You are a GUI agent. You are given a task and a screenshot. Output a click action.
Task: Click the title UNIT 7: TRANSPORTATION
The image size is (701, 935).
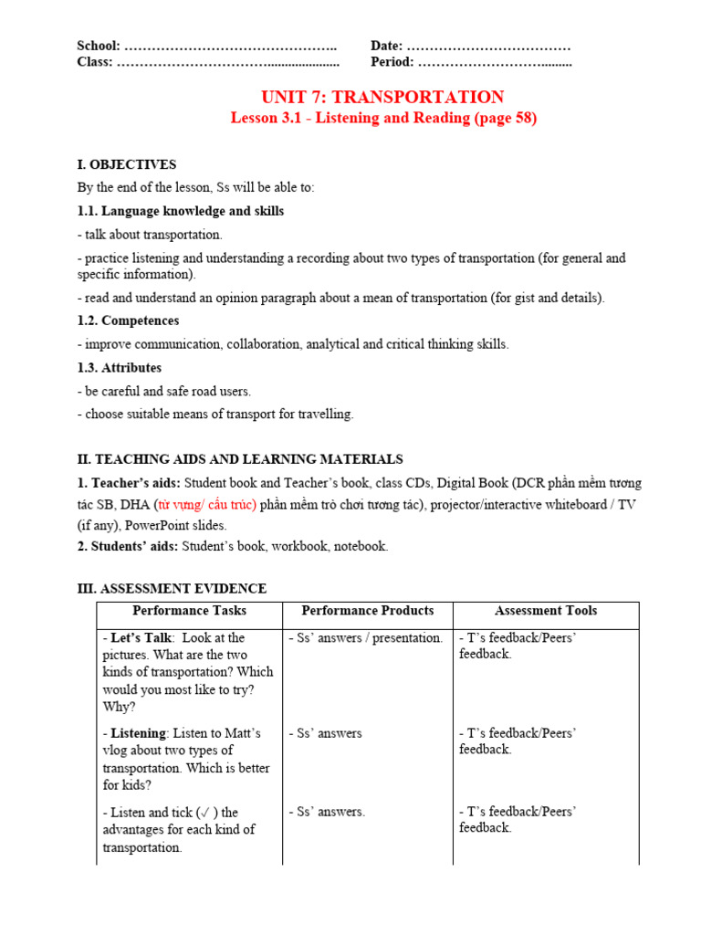tap(382, 98)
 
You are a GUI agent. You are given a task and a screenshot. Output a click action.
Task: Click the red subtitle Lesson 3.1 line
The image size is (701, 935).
tap(383, 119)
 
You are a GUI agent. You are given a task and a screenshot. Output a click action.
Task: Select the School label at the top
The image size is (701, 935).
tap(99, 46)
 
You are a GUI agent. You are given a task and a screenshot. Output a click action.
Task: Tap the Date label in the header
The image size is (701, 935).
tap(387, 46)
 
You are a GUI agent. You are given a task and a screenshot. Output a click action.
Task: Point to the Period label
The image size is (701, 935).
tap(392, 62)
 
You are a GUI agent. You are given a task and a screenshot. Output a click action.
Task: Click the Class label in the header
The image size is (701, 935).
tap(95, 62)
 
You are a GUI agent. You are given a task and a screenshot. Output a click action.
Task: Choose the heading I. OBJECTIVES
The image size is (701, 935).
tap(127, 164)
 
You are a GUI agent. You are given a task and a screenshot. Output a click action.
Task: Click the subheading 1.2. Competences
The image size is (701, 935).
tap(128, 320)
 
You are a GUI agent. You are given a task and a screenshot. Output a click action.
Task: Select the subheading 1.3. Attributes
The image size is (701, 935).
tap(120, 367)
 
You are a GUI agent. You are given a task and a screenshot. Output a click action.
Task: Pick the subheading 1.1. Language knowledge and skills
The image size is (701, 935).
tap(181, 211)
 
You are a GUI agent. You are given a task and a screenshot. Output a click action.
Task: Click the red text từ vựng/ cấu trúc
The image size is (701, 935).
tap(206, 504)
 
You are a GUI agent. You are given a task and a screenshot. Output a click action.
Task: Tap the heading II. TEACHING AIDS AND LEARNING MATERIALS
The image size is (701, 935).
tap(240, 459)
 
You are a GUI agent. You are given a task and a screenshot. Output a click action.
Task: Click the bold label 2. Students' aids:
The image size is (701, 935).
tap(128, 546)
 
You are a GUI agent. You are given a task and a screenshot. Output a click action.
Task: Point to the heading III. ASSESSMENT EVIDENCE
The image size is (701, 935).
tap(172, 589)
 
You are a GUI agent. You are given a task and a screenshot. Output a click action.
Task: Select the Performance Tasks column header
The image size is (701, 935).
tap(189, 611)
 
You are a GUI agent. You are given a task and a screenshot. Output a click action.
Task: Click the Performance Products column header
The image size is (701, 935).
tap(367, 611)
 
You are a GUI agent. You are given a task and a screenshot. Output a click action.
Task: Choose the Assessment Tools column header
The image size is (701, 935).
tap(546, 611)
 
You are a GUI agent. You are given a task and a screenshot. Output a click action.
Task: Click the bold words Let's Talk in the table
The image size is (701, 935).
tap(141, 637)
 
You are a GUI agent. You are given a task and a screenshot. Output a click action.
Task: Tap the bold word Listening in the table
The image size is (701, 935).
tap(139, 732)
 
